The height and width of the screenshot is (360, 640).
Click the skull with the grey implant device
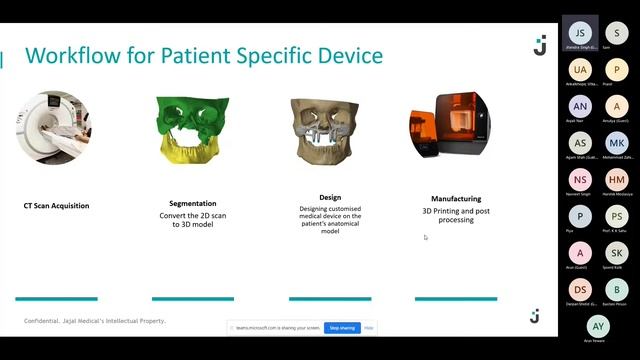tap(327, 129)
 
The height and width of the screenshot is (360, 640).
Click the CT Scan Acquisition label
tap(56, 206)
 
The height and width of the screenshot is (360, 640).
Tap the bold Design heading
tap(330, 198)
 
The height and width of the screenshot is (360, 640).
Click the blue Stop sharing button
tap(342, 327)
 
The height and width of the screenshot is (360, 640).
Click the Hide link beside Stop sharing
tap(369, 327)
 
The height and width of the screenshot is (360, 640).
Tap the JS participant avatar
tap(581, 32)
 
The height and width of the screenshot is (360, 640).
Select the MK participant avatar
tap(617, 143)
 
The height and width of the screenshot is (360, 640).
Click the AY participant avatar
tap(598, 326)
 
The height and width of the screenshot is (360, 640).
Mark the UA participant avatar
tap(581, 69)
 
